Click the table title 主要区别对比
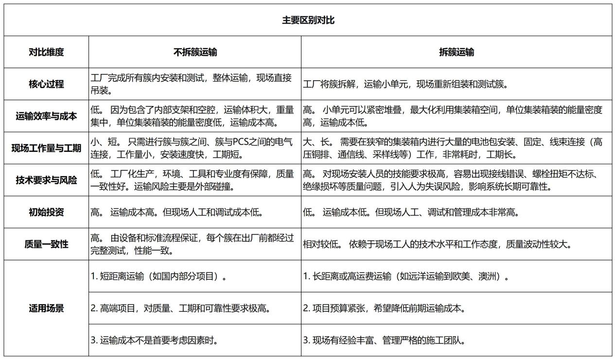click(308, 20)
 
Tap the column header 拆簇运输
click(457, 52)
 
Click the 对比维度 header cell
click(46, 52)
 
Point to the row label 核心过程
click(46, 84)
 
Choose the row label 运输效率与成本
click(46, 116)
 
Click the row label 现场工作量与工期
click(46, 148)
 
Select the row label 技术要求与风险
click(46, 180)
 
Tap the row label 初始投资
click(46, 212)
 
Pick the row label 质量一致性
click(46, 244)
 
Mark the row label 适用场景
click(46, 308)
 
